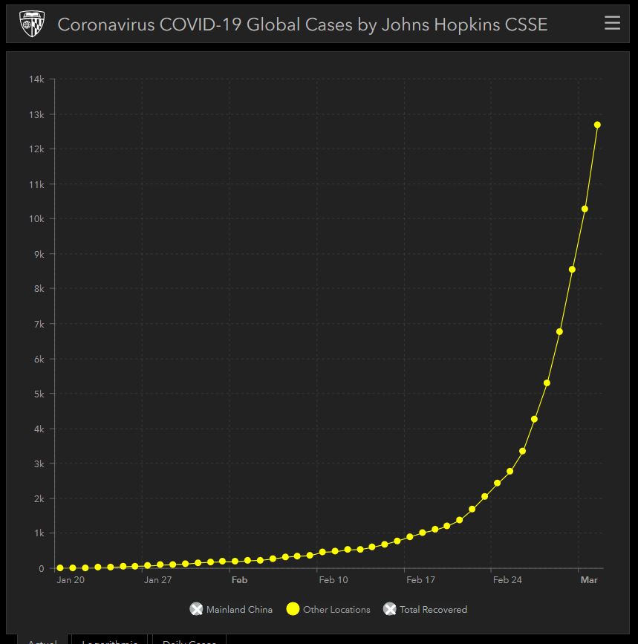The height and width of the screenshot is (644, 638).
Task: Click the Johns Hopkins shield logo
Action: click(x=31, y=24)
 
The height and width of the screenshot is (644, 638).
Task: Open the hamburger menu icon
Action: click(x=612, y=23)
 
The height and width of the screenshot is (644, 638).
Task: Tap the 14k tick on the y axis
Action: click(x=37, y=79)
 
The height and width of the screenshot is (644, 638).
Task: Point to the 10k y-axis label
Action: click(x=37, y=219)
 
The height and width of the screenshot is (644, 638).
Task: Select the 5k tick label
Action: click(x=39, y=394)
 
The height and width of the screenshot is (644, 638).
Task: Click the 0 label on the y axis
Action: click(x=42, y=568)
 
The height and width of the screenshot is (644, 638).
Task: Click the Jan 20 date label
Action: click(x=71, y=580)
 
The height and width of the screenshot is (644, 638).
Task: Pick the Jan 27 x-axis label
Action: click(x=157, y=580)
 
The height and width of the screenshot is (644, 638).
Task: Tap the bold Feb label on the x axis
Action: click(x=239, y=580)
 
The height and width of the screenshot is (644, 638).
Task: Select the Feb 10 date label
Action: click(x=333, y=580)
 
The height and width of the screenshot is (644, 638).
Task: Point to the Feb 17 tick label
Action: click(x=420, y=580)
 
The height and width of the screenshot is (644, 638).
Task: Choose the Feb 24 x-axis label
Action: click(x=507, y=580)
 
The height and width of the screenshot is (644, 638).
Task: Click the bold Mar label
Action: click(x=589, y=580)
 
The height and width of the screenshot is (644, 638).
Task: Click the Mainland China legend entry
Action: click(x=231, y=610)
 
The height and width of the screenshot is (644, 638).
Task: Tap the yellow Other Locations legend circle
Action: click(x=293, y=609)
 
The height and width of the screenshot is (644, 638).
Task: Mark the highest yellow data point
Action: click(x=597, y=125)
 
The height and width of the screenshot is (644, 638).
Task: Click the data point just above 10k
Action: click(x=585, y=209)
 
